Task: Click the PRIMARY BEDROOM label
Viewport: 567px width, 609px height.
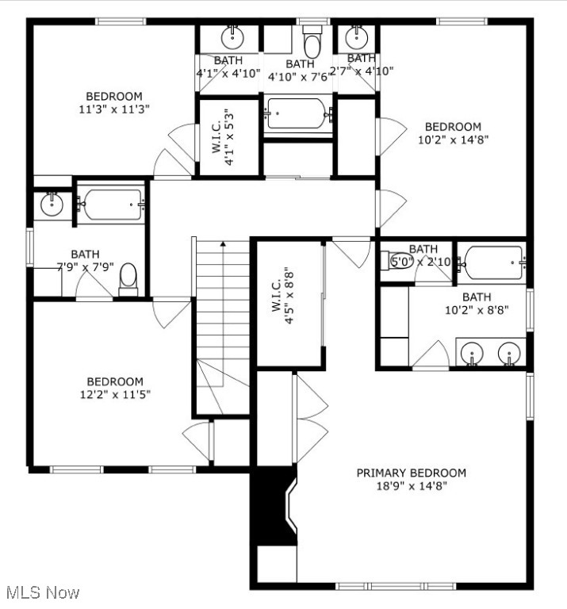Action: pyautogui.click(x=411, y=473)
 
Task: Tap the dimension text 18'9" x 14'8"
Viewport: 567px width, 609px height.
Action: pyautogui.click(x=411, y=486)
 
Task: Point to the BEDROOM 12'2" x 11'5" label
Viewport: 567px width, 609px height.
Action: pyautogui.click(x=115, y=381)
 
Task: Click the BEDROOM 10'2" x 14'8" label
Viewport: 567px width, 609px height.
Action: pyautogui.click(x=453, y=126)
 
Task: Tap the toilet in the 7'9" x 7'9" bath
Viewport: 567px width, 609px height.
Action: pyautogui.click(x=128, y=279)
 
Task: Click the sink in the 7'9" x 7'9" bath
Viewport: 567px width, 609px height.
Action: pyautogui.click(x=52, y=204)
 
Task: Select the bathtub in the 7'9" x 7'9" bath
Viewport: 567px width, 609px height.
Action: pyautogui.click(x=112, y=204)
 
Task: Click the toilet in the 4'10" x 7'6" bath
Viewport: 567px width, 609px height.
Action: pyautogui.click(x=312, y=40)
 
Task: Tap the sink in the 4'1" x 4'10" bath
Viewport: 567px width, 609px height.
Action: pyautogui.click(x=232, y=36)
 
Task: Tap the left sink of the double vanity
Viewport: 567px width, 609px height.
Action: pyautogui.click(x=472, y=352)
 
